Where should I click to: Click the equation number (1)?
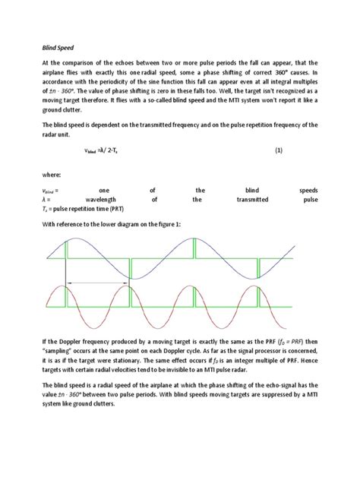tap(279, 151)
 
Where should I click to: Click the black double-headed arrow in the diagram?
tap(97, 283)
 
